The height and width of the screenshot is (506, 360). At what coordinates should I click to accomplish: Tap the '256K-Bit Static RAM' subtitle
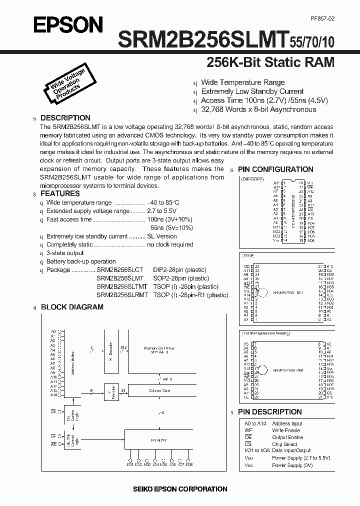click(x=270, y=63)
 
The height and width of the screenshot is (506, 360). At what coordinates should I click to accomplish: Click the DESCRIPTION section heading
click(x=65, y=118)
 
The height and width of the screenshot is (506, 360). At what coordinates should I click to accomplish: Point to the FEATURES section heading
click(x=59, y=193)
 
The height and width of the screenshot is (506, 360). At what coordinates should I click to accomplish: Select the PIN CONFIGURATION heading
click(x=275, y=169)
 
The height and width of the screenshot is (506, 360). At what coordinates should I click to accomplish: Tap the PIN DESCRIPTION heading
click(x=269, y=412)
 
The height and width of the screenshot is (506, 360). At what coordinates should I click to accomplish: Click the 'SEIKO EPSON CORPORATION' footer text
click(x=180, y=489)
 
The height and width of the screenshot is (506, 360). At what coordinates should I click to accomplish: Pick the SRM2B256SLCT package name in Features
click(x=119, y=270)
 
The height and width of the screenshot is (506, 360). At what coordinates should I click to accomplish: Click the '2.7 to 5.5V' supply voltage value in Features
click(x=162, y=211)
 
